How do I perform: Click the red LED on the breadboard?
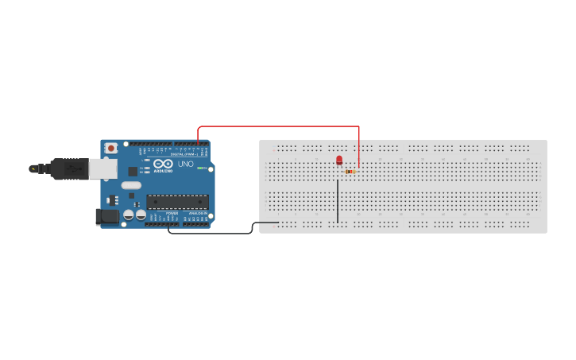[x=339, y=161]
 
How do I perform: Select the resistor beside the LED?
[x=350, y=172]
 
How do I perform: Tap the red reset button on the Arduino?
[x=111, y=148]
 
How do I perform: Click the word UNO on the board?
[x=185, y=165]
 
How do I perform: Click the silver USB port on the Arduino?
[x=101, y=168]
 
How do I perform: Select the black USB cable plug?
[x=68, y=168]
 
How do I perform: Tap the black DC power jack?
[x=106, y=215]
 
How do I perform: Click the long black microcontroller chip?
[x=177, y=202]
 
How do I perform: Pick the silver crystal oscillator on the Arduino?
[x=131, y=185]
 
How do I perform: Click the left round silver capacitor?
[x=129, y=215]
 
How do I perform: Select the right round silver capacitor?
[x=141, y=215]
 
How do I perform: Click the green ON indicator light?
[x=202, y=168]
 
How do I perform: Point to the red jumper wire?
[x=278, y=126]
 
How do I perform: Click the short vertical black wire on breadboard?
[x=338, y=200]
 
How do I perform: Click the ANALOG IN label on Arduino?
[x=196, y=213]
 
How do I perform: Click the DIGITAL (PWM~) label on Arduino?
[x=184, y=154]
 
